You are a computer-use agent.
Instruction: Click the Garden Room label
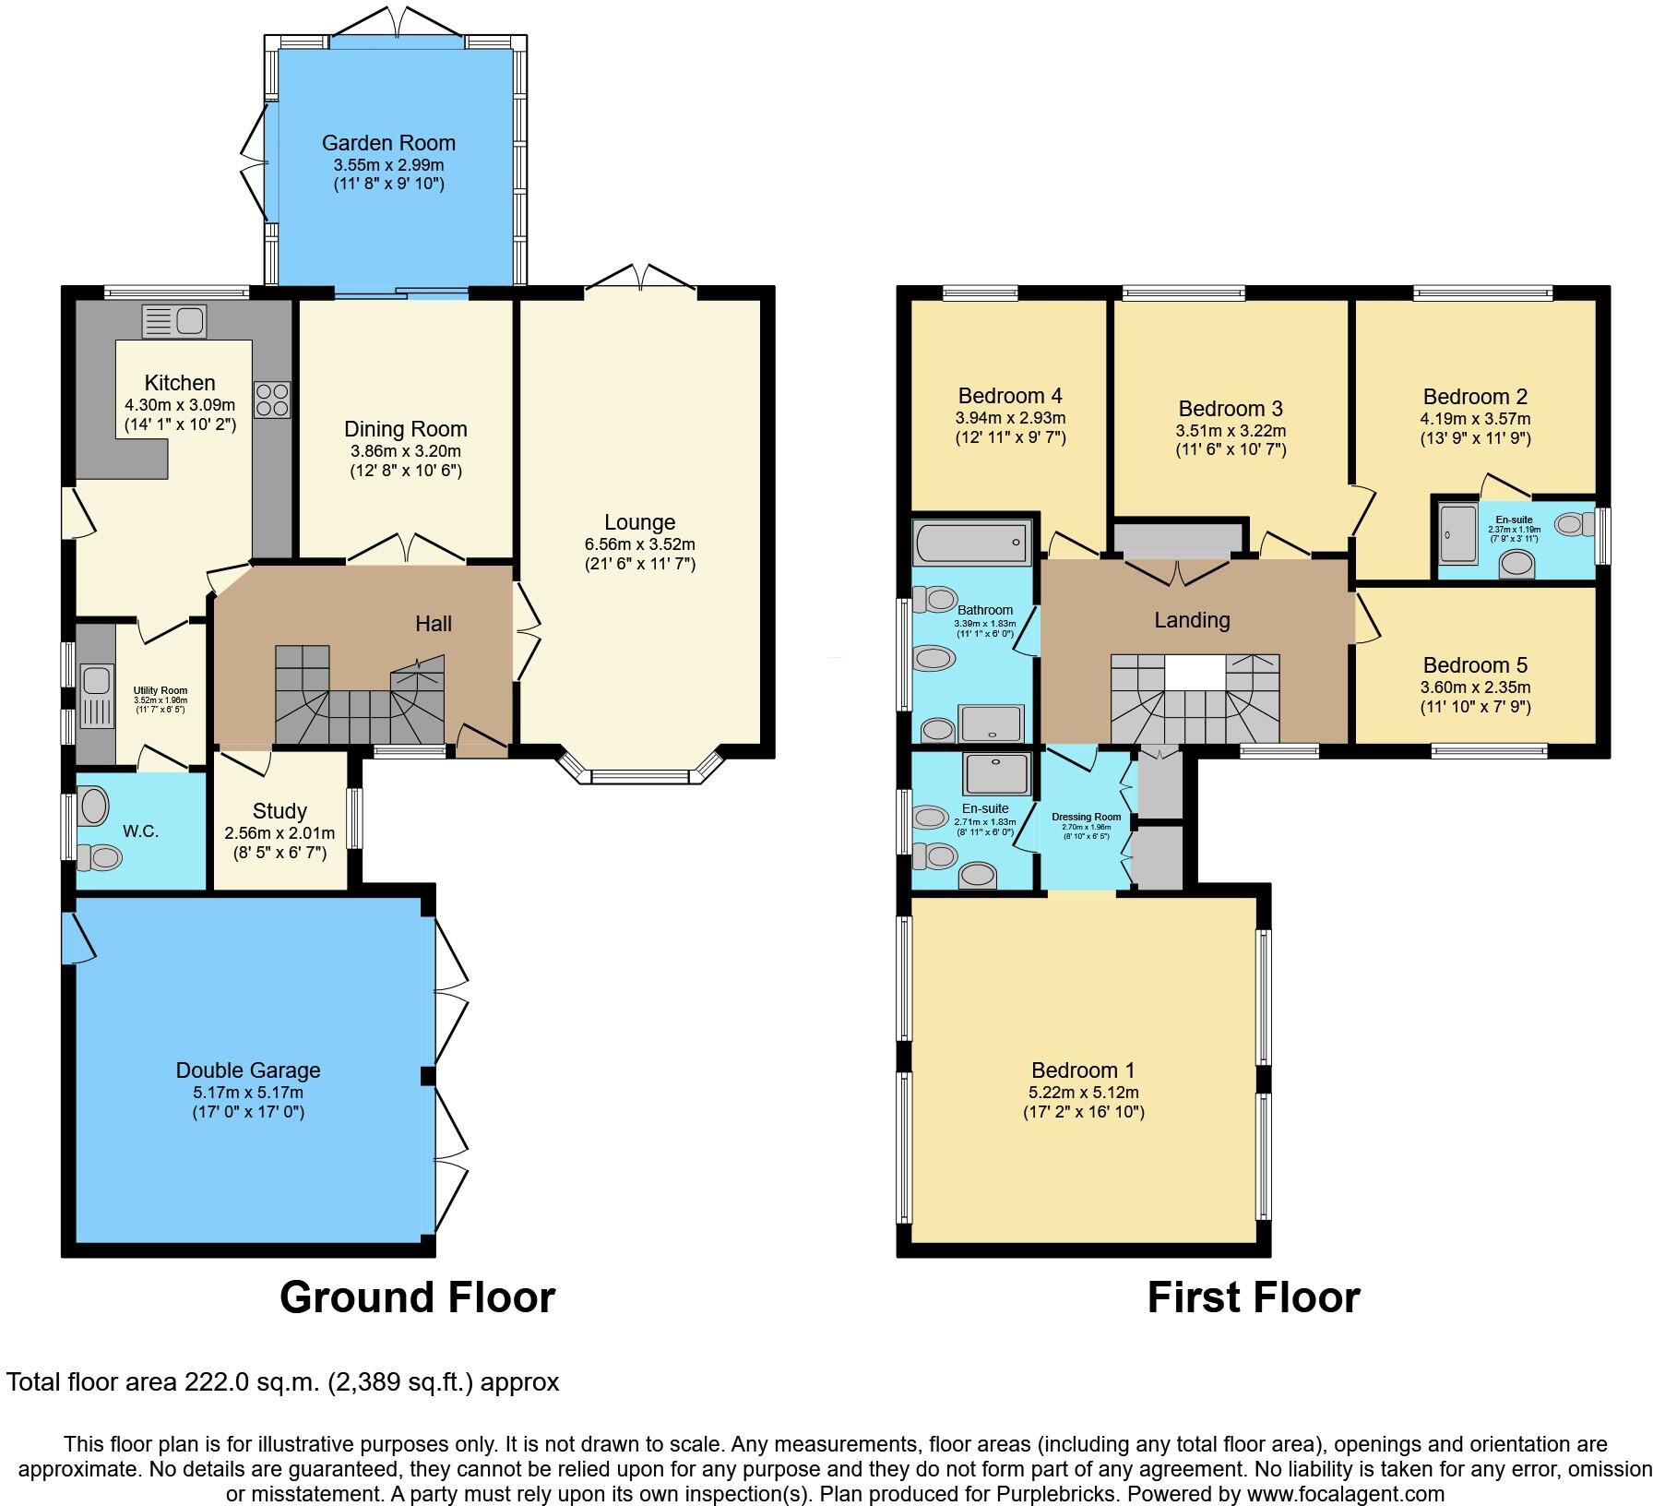point(388,143)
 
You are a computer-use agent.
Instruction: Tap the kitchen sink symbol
point(174,321)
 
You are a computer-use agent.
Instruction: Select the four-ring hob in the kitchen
point(272,400)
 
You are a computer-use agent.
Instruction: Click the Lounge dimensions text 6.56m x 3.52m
point(639,544)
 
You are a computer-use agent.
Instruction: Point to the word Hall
point(434,624)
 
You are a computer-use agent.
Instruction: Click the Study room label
point(279,811)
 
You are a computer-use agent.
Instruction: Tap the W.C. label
point(141,831)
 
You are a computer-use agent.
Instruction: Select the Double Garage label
point(248,1070)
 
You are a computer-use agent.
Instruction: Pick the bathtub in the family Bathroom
point(971,542)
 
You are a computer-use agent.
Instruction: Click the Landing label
point(1192,620)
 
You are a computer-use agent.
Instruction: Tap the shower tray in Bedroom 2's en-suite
point(1457,535)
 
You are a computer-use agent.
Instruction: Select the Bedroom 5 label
point(1475,665)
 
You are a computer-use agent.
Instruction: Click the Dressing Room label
point(1086,817)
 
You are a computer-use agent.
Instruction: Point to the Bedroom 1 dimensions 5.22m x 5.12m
point(1083,1093)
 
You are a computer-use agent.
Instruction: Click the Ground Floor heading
point(417,1297)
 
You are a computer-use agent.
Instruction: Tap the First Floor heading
point(1253,1297)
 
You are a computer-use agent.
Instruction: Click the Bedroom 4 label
point(1010,396)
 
